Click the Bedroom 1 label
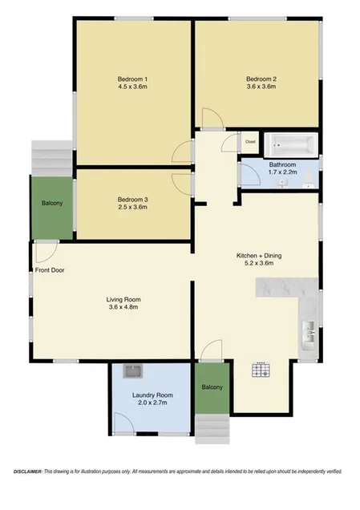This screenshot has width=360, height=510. tap(133, 79)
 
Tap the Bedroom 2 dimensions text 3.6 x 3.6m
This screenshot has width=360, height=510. tap(261, 87)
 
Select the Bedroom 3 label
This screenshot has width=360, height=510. tap(133, 199)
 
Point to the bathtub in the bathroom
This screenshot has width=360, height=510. tap(291, 145)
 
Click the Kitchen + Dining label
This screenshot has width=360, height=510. tap(258, 256)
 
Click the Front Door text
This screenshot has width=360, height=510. tap(50, 270)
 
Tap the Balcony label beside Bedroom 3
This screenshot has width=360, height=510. tap(52, 203)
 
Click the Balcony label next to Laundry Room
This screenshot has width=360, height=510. tap(212, 388)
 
